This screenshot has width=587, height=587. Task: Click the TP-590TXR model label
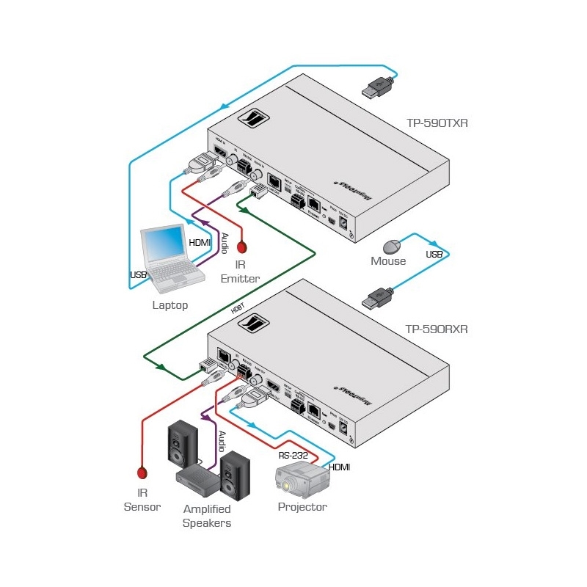[437, 123]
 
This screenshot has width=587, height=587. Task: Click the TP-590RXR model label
[437, 329]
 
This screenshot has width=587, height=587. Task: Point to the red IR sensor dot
[142, 473]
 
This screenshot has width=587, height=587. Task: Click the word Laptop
[170, 305]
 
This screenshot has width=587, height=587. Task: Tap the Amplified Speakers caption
[207, 516]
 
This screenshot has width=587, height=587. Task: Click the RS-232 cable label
[293, 454]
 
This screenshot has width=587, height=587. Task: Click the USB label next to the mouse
[434, 255]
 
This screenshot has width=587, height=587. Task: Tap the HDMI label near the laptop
[200, 242]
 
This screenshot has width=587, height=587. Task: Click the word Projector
[302, 507]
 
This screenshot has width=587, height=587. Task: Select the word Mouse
[388, 261]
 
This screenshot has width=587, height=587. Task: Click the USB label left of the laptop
[138, 274]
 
